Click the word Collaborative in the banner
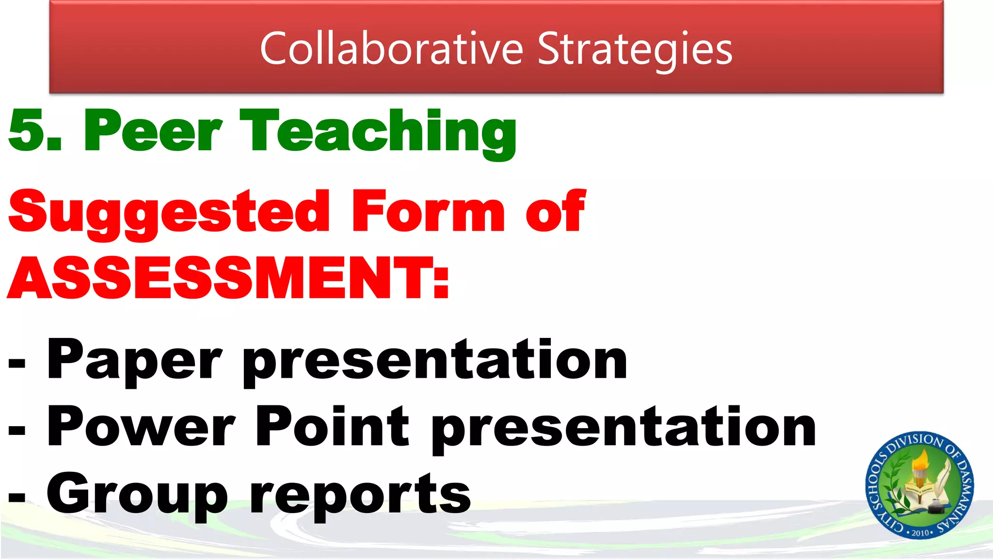[x=391, y=48]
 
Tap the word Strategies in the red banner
[x=635, y=48]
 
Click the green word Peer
[x=153, y=131]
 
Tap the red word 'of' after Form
[x=556, y=212]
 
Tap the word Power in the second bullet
[x=141, y=427]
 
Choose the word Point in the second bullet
[x=332, y=427]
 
